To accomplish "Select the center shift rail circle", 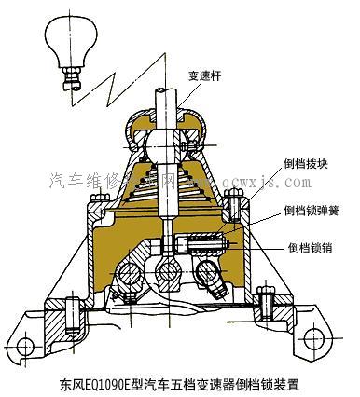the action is click(x=169, y=272).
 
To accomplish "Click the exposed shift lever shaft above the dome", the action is click(x=169, y=103).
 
